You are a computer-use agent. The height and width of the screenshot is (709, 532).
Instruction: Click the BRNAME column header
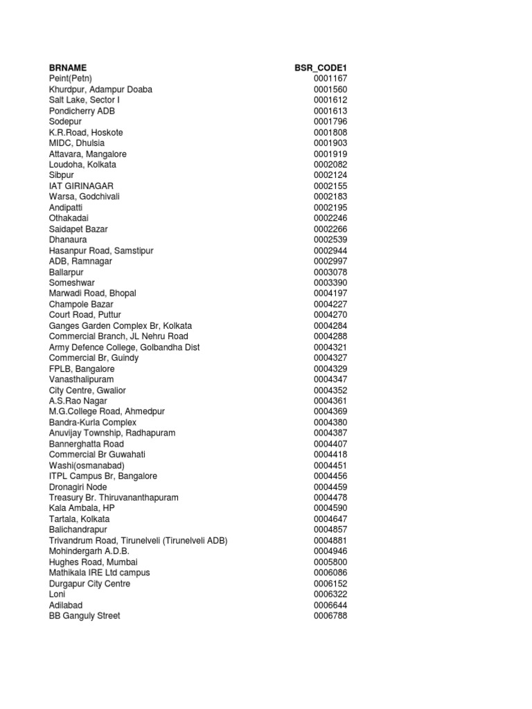click(x=68, y=68)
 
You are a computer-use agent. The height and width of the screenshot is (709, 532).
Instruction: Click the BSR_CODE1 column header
click(x=321, y=68)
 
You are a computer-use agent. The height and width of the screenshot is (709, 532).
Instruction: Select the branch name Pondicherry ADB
click(x=76, y=111)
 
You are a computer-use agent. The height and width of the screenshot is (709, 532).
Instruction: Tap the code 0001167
click(x=330, y=79)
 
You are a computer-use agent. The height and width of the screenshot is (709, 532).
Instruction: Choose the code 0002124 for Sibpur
click(x=330, y=175)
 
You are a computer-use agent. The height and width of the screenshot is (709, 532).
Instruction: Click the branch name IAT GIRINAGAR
click(x=81, y=186)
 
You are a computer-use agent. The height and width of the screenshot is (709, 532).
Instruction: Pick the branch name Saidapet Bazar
click(x=78, y=229)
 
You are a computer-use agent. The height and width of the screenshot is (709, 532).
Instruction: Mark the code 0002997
click(x=330, y=261)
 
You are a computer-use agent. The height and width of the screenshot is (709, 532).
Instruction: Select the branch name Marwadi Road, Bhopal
click(x=92, y=294)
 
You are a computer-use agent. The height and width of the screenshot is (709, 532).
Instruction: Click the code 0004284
click(x=330, y=325)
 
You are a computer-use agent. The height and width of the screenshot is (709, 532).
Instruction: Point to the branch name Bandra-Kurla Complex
click(x=93, y=422)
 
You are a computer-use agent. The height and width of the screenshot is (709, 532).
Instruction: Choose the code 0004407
click(x=330, y=444)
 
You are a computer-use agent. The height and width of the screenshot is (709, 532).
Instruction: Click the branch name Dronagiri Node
click(x=78, y=487)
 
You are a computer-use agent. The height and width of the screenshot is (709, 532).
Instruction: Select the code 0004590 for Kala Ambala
click(x=330, y=508)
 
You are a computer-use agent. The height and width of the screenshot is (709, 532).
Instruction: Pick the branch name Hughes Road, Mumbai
click(x=93, y=562)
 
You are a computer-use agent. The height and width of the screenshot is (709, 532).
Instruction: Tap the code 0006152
click(x=330, y=584)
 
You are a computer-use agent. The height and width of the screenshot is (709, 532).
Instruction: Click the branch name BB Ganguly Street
click(x=85, y=616)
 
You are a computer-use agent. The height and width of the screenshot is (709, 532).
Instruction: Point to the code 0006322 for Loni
click(x=330, y=594)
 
